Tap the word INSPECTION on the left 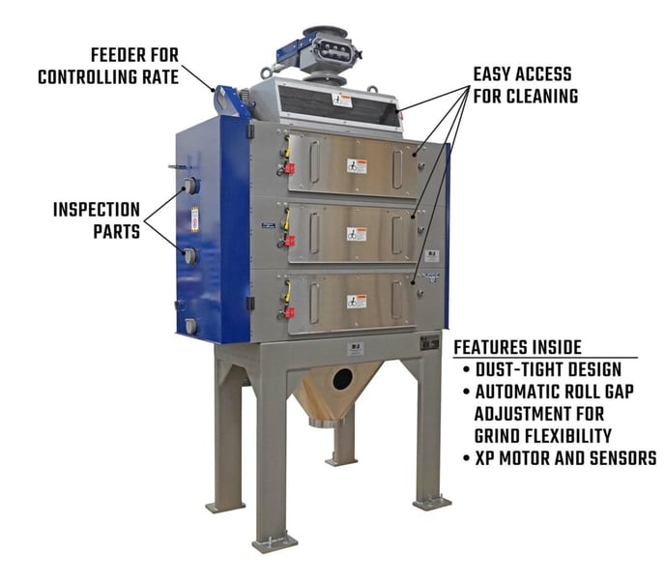(x=97, y=209)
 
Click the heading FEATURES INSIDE (x=517, y=347)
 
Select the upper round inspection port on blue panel (x=190, y=186)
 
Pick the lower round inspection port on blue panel (x=190, y=256)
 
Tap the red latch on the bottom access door (x=287, y=311)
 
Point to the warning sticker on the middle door (x=358, y=234)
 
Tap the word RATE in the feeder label (x=158, y=75)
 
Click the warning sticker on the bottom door (x=358, y=301)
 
